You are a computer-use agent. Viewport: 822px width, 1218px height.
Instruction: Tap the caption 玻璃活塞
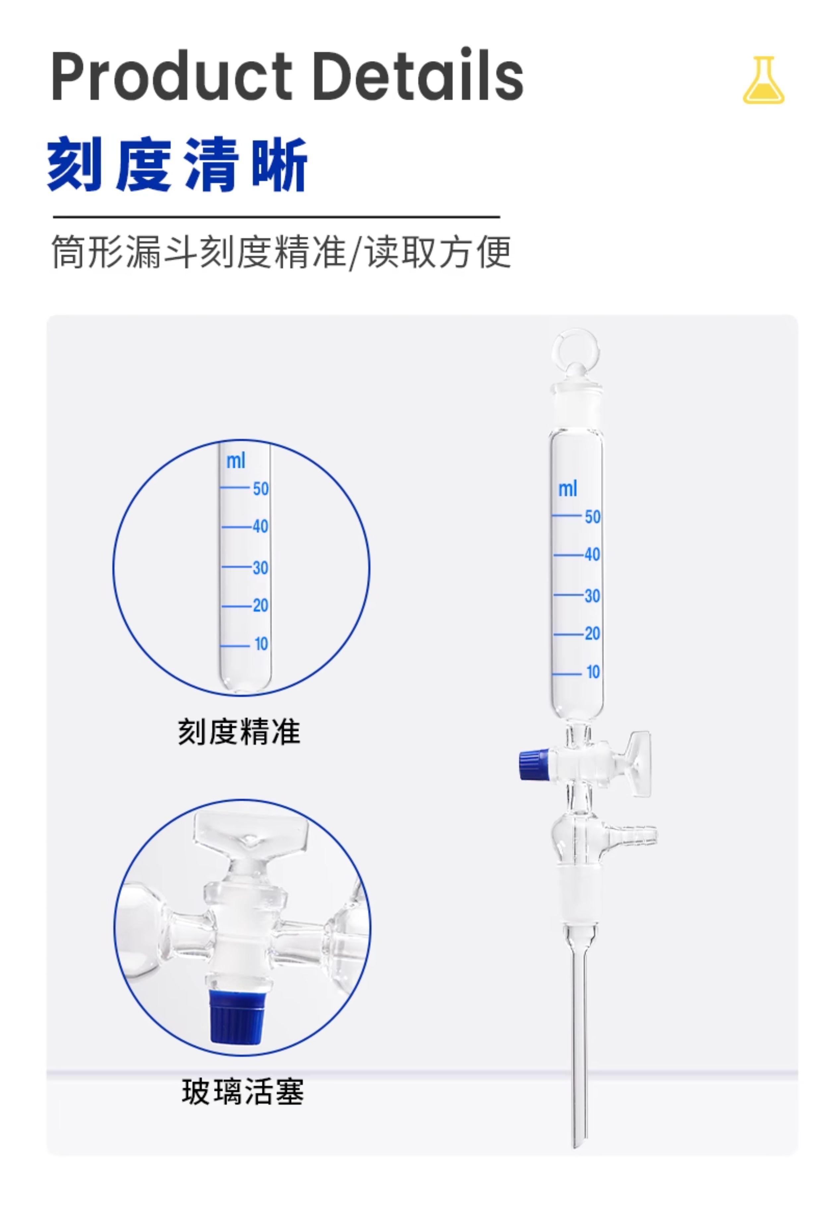click(243, 1092)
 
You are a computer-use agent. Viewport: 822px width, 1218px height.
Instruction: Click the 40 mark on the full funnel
click(592, 554)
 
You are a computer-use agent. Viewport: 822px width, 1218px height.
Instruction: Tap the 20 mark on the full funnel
click(592, 634)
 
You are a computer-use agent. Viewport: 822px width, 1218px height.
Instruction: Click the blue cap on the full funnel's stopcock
click(534, 765)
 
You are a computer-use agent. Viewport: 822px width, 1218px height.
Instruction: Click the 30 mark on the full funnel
click(592, 596)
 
